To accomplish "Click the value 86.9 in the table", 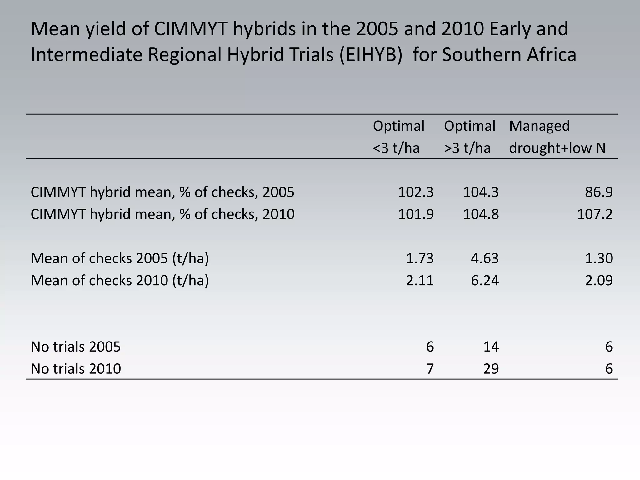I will click(x=599, y=192).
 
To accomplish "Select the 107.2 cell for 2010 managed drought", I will click(x=595, y=214).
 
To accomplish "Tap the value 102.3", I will click(x=416, y=192).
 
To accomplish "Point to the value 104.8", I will click(x=481, y=214).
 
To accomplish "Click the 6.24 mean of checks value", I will click(x=485, y=280).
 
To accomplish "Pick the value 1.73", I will click(x=420, y=258).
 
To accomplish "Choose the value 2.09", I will click(x=599, y=280).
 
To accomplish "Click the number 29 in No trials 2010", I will click(x=491, y=369).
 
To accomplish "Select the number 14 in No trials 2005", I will click(x=491, y=347).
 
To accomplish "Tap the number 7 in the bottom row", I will click(x=430, y=369).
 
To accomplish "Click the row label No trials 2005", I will click(x=76, y=347).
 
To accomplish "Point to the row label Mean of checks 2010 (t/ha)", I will click(x=120, y=280).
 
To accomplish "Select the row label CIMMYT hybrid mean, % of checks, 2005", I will click(x=162, y=192).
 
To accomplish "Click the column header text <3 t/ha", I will click(x=396, y=148).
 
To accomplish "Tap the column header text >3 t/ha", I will click(x=467, y=148).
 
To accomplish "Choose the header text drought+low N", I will click(x=557, y=148).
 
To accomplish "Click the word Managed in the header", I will click(x=539, y=126).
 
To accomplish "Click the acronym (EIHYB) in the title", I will click(x=371, y=54).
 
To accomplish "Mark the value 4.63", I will click(x=485, y=258).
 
